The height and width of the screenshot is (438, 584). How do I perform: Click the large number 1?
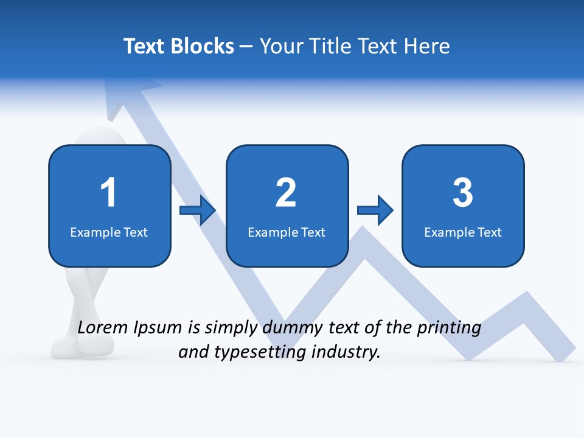[109, 193]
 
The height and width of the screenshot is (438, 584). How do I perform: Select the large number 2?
[286, 193]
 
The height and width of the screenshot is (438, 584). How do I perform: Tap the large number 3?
[463, 193]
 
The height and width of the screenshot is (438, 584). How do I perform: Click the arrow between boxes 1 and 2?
[198, 210]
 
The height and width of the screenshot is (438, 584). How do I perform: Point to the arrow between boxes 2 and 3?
[375, 210]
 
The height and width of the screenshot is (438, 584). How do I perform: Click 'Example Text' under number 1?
[109, 232]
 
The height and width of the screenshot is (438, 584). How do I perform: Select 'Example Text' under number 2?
[287, 232]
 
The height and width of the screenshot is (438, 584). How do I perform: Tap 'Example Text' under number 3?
[463, 232]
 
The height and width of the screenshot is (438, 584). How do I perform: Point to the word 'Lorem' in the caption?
[102, 328]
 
